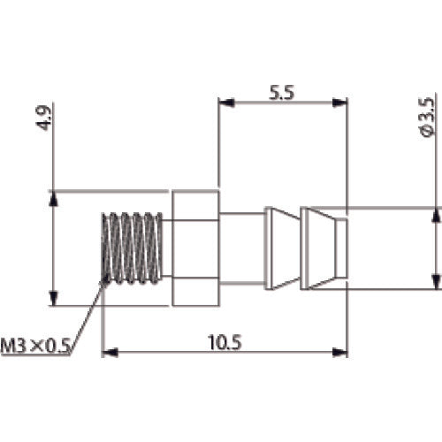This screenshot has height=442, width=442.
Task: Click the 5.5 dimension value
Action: (x=281, y=93)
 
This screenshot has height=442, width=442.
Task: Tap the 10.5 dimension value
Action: (x=225, y=342)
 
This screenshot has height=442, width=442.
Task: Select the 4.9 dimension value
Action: (x=43, y=118)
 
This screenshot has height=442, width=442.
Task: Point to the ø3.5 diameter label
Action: (x=427, y=118)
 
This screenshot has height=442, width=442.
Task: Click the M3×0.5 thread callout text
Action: (x=35, y=346)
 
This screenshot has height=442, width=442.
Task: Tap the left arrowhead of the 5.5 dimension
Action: (x=226, y=103)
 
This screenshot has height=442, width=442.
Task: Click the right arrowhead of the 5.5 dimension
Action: (x=339, y=103)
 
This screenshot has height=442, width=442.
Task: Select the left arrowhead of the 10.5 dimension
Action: (x=110, y=352)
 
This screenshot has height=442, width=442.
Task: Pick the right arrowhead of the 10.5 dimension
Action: (x=339, y=352)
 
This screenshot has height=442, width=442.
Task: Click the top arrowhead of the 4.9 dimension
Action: (x=53, y=198)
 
